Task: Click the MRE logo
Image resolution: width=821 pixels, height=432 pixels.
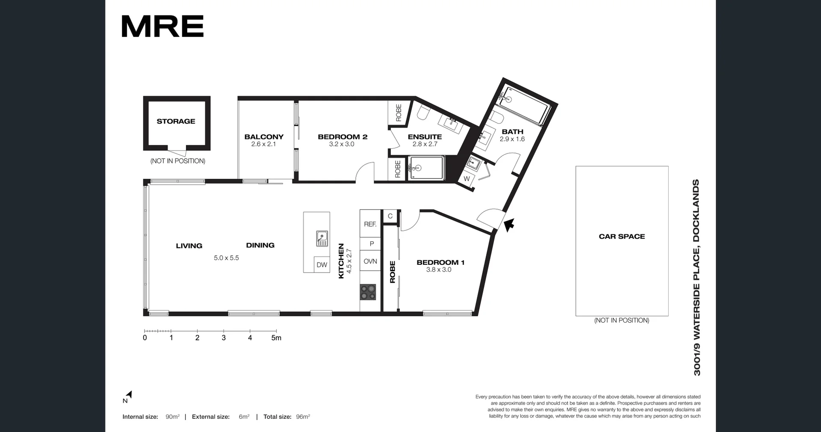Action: [x=162, y=27]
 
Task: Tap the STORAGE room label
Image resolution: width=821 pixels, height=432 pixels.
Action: [x=176, y=121]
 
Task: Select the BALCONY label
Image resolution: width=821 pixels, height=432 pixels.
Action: [x=264, y=137]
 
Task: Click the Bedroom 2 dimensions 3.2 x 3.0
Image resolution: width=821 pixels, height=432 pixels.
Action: [x=342, y=144]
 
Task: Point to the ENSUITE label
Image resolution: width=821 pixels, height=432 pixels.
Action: [x=425, y=137]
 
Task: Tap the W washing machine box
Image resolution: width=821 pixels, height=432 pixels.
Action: [x=467, y=179]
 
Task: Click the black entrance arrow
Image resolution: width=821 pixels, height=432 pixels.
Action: [x=508, y=225]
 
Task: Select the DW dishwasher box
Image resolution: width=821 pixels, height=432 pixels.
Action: [x=322, y=265]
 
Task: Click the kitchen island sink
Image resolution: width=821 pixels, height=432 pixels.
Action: [x=322, y=238]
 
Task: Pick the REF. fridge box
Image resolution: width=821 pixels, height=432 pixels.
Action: [x=370, y=224]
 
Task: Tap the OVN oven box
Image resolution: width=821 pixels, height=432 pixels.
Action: [x=370, y=261]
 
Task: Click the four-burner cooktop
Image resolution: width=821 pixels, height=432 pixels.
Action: [x=368, y=292]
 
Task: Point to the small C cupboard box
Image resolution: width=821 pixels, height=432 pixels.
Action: [x=390, y=216]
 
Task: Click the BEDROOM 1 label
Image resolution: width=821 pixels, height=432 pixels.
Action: [x=440, y=263]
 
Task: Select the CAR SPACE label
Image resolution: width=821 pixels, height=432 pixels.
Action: [x=622, y=237]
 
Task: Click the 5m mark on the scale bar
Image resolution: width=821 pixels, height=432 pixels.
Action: [x=276, y=337]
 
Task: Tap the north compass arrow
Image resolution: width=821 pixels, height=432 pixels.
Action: [x=129, y=395]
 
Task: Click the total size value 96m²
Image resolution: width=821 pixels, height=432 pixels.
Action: [x=303, y=417]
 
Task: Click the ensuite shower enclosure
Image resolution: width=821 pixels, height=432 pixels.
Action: [x=426, y=168]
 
